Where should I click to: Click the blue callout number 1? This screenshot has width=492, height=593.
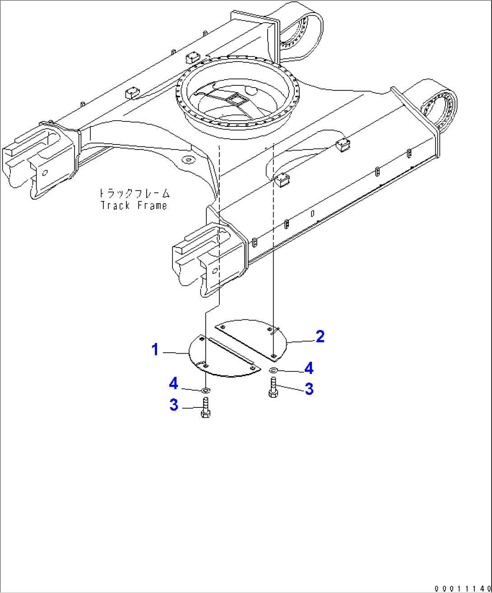[x=155, y=350]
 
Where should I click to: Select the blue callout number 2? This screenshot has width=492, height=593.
[x=320, y=336]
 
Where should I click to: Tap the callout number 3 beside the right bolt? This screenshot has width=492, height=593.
[x=309, y=389]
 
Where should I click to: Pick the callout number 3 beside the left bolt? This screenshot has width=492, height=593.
[x=174, y=405]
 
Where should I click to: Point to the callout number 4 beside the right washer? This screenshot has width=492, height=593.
[x=309, y=369]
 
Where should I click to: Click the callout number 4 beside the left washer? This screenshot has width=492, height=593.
[x=174, y=383]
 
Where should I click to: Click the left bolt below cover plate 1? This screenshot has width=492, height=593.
[x=205, y=407]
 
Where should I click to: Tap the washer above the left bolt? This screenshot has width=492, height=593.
[x=205, y=389]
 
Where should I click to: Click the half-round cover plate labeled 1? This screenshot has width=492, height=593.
[x=221, y=359]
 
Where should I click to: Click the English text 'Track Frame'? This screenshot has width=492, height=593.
[x=134, y=205]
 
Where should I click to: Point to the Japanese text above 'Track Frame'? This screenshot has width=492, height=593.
[x=134, y=194]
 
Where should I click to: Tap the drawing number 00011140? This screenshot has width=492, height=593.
[x=462, y=588]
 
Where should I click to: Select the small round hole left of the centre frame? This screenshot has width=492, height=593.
[x=187, y=159]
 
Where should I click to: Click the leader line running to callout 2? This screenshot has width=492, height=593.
[x=300, y=341]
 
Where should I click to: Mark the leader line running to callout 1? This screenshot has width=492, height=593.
[x=175, y=352]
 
